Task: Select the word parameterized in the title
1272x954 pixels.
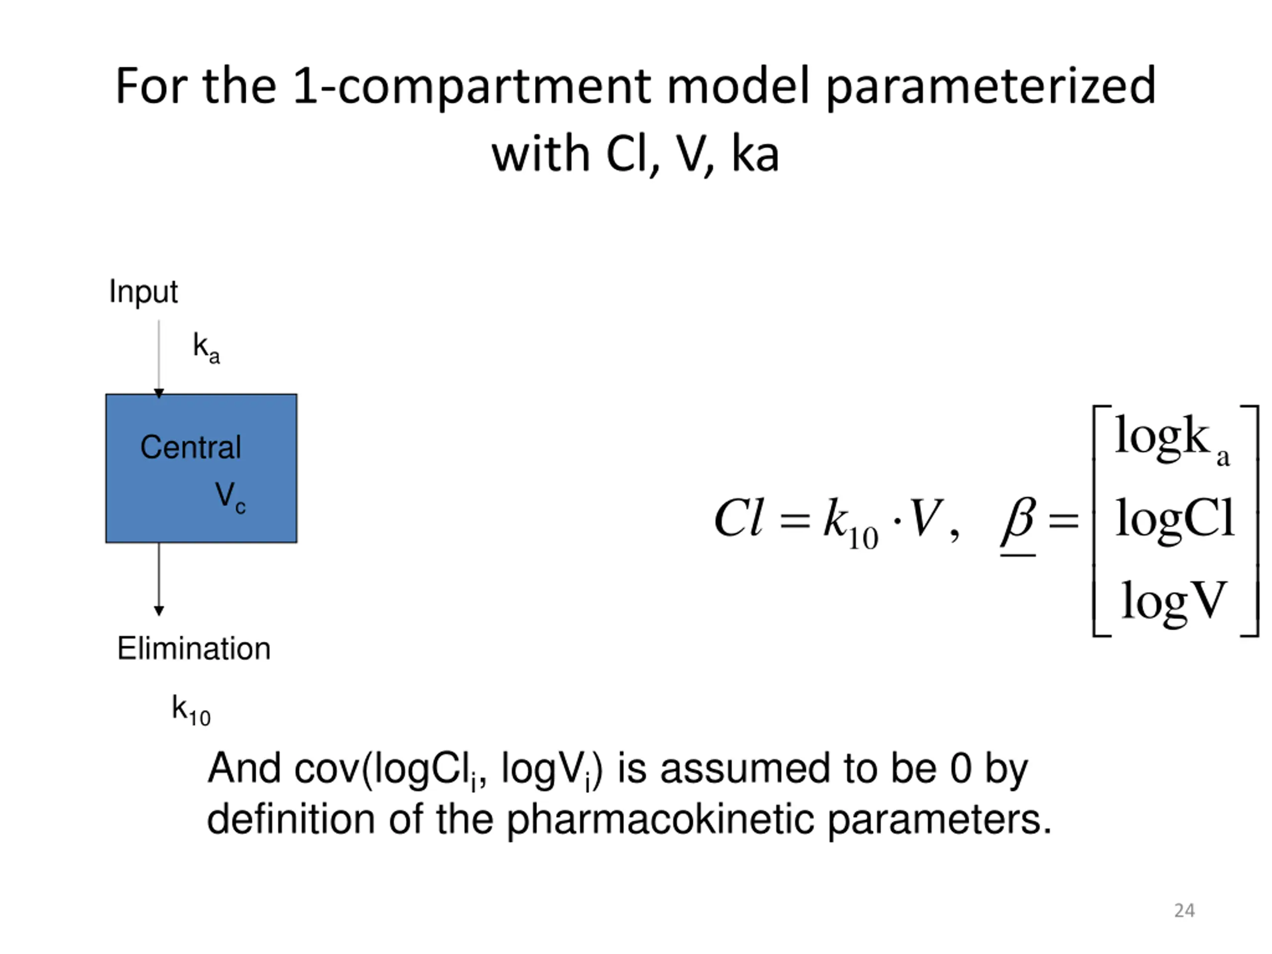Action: [x=990, y=87]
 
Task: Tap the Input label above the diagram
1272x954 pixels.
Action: [x=143, y=292]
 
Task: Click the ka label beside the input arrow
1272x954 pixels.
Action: [x=206, y=348]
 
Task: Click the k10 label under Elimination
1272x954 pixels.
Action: [x=191, y=711]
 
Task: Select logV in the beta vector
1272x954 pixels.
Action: [x=1174, y=600]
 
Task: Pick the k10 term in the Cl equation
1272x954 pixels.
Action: [x=850, y=523]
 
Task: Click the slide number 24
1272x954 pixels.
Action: [x=1184, y=910]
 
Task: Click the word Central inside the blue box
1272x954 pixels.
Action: [x=190, y=447]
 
